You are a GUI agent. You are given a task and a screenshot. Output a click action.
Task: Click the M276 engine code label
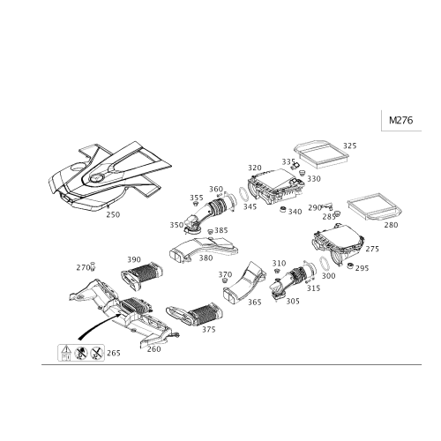point(400,120)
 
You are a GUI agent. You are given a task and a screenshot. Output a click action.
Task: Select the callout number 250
point(113,214)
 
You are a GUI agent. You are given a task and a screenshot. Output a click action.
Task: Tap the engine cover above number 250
point(109,176)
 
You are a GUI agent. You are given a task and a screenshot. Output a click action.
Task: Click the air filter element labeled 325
point(322,154)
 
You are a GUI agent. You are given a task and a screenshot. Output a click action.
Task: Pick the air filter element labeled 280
point(374,206)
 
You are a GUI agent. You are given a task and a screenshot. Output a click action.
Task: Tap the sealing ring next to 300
point(325,264)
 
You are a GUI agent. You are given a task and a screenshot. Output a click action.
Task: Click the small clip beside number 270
point(93,266)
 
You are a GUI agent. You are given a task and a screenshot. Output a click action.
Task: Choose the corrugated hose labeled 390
point(142,276)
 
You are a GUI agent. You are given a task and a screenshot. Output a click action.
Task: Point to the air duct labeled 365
point(244,282)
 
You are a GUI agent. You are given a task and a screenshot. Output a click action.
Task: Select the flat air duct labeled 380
point(204,249)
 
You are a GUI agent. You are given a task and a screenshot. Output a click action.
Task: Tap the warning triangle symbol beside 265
point(66,349)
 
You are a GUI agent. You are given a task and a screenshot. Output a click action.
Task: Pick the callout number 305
point(293,301)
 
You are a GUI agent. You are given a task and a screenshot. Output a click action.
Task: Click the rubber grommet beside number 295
point(350,265)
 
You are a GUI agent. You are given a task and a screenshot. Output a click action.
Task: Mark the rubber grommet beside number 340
point(282,209)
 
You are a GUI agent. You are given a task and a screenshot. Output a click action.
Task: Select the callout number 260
point(154,349)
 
